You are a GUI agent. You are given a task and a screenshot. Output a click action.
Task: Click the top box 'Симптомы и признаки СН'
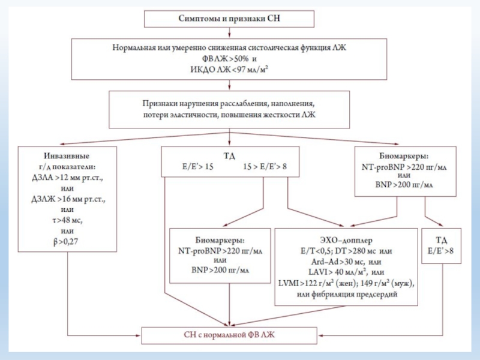pyautogui.click(x=229, y=19)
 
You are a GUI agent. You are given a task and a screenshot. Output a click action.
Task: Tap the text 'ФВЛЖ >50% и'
pyautogui.click(x=228, y=59)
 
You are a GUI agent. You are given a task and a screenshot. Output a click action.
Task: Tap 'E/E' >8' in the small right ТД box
pyautogui.click(x=440, y=251)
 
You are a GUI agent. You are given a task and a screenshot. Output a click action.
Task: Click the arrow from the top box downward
pyautogui.click(x=229, y=33)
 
